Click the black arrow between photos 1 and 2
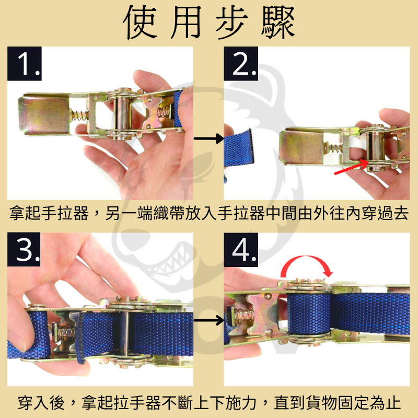pyautogui.click(x=207, y=138)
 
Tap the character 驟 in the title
pyautogui.click(x=276, y=24)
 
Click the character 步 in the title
pyautogui.click(x=230, y=24)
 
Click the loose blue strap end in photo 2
pyautogui.click(x=239, y=152)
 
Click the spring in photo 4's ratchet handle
pyautogui.click(x=243, y=316)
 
